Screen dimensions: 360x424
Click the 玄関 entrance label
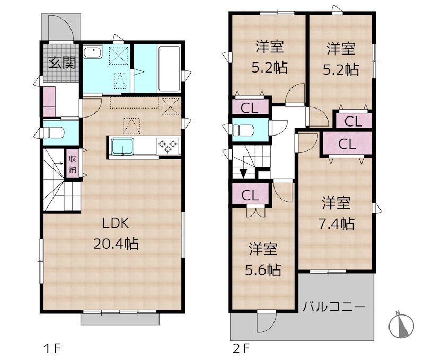tap(62, 62)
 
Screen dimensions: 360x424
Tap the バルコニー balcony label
tap(334, 307)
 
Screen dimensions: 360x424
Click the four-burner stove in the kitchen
tap(169, 145)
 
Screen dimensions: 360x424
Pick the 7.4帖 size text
tap(337, 223)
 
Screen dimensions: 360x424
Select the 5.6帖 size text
tap(263, 270)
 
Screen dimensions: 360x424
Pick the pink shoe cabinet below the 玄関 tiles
tap(49, 101)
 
